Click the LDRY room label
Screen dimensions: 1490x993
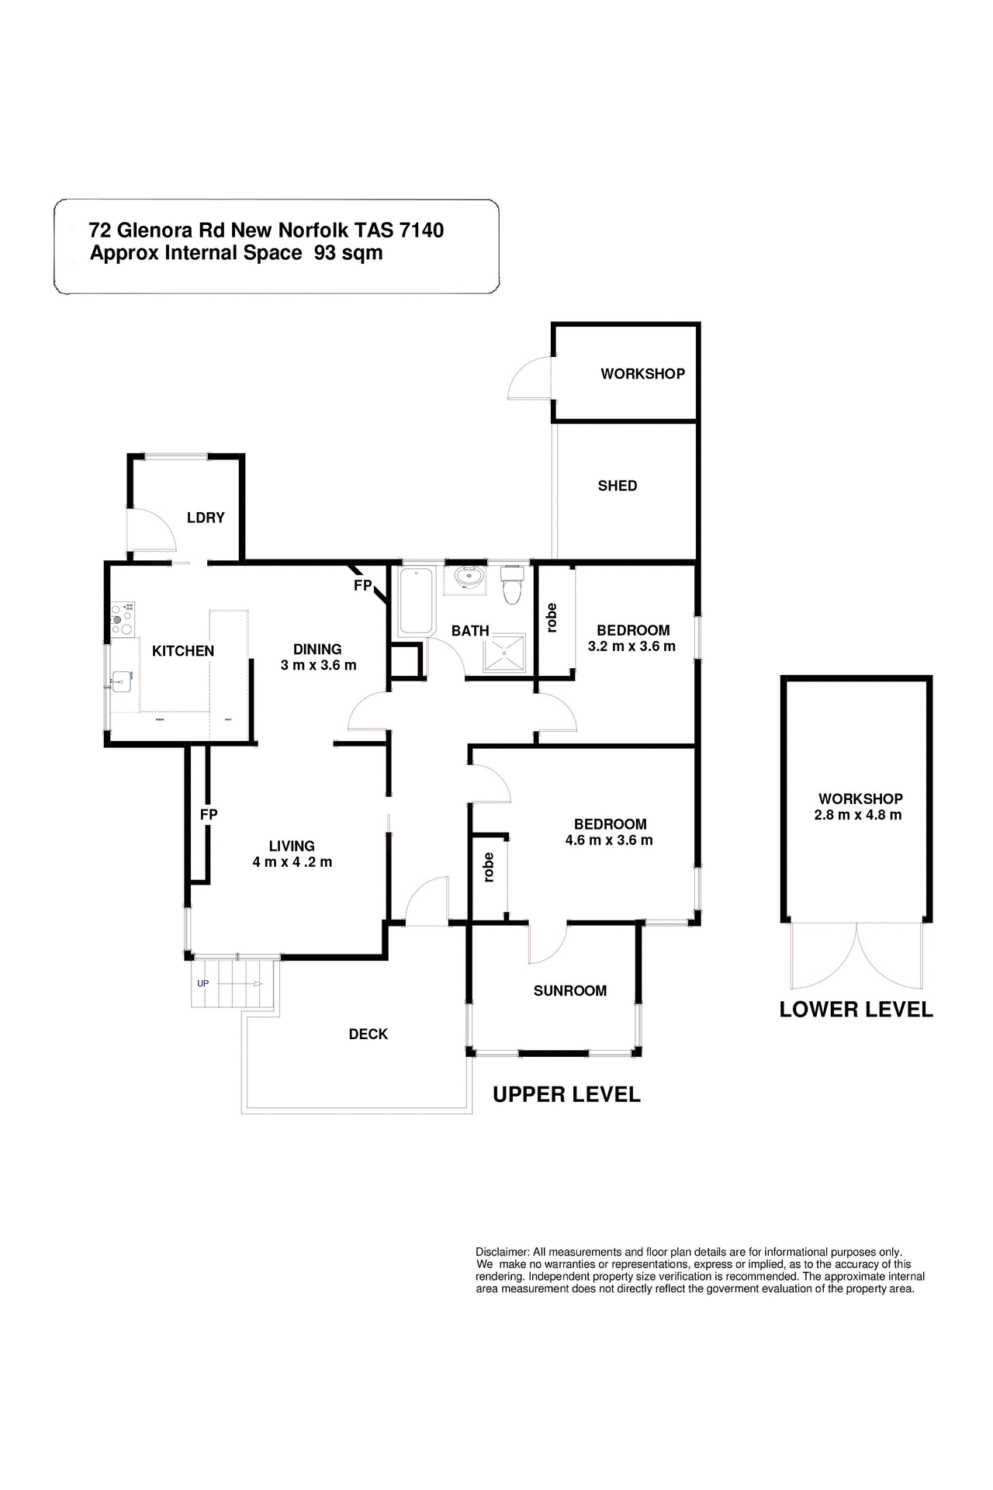coord(206,518)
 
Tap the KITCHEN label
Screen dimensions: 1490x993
coord(183,651)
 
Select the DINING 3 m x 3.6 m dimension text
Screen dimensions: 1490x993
coord(318,665)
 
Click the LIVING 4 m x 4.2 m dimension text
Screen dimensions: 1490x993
coord(292,862)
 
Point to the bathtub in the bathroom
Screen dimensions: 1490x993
coord(415,601)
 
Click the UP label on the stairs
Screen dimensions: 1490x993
coord(203,983)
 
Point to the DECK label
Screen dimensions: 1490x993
coord(368,1034)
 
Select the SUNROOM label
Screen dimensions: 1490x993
coord(570,991)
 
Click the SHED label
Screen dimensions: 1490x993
coord(618,486)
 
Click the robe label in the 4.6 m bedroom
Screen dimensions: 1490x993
coord(489,867)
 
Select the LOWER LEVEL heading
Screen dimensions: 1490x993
coord(856,1010)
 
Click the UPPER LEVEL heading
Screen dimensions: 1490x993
coord(567,1095)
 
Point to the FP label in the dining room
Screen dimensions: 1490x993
coord(362,586)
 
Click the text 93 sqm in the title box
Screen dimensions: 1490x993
coord(348,253)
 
